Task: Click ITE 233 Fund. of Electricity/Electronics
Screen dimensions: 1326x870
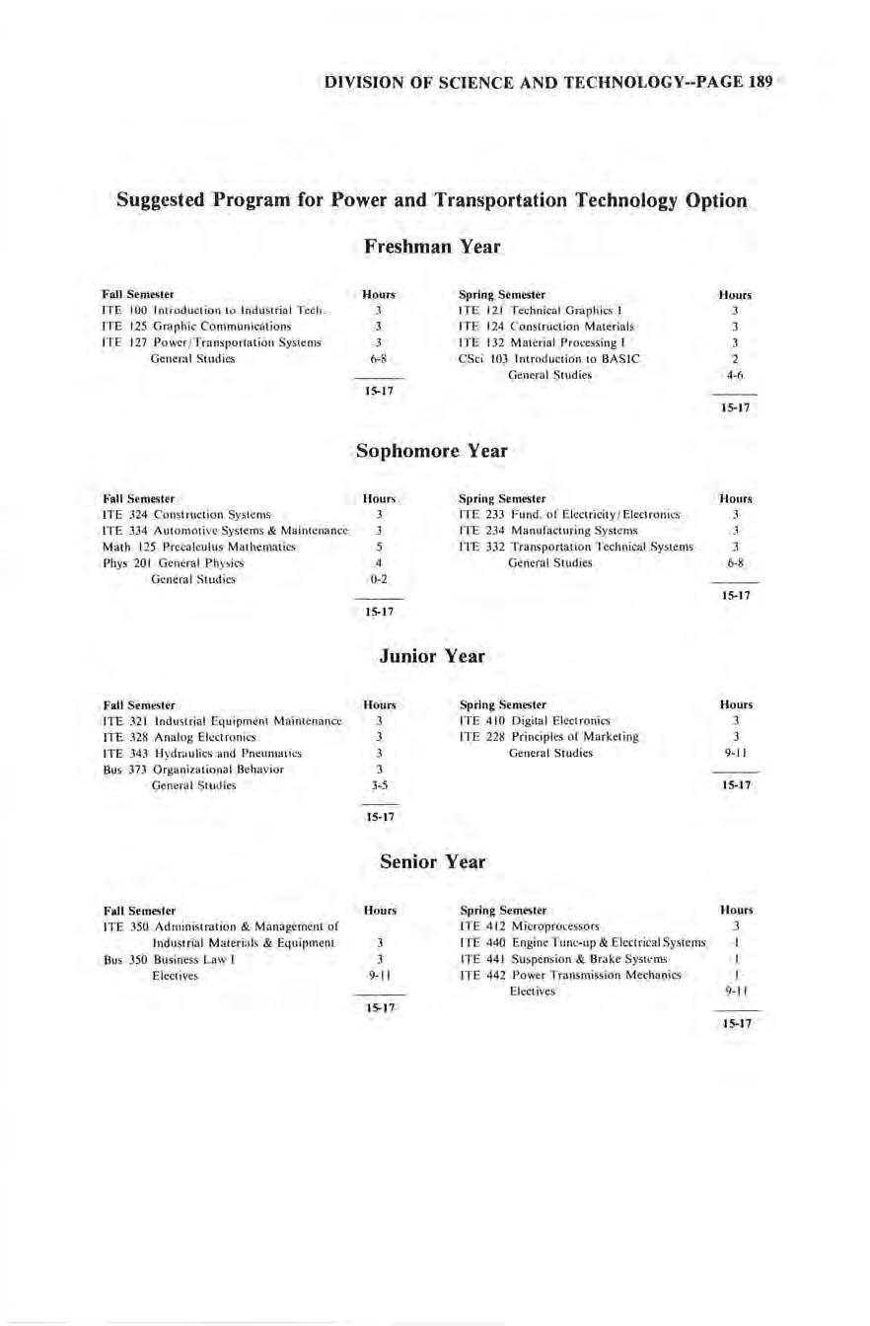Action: coord(571,515)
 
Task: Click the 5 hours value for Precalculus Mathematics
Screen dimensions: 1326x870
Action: coord(379,547)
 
